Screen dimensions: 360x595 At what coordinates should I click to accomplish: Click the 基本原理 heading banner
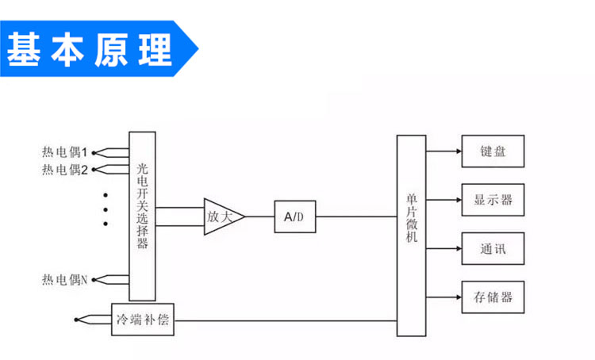tap(91, 50)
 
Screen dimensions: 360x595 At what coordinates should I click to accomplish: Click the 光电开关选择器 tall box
tap(143, 216)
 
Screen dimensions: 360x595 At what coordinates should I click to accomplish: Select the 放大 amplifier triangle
tap(221, 216)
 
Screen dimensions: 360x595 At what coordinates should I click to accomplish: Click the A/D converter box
tap(294, 216)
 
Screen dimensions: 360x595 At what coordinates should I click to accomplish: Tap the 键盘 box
tap(493, 151)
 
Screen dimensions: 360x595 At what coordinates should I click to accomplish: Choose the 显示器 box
tap(493, 200)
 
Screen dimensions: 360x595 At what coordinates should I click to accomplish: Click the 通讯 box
tap(493, 249)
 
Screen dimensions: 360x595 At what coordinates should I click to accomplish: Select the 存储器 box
tap(493, 297)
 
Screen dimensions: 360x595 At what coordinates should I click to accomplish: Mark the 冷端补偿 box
tap(143, 320)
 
